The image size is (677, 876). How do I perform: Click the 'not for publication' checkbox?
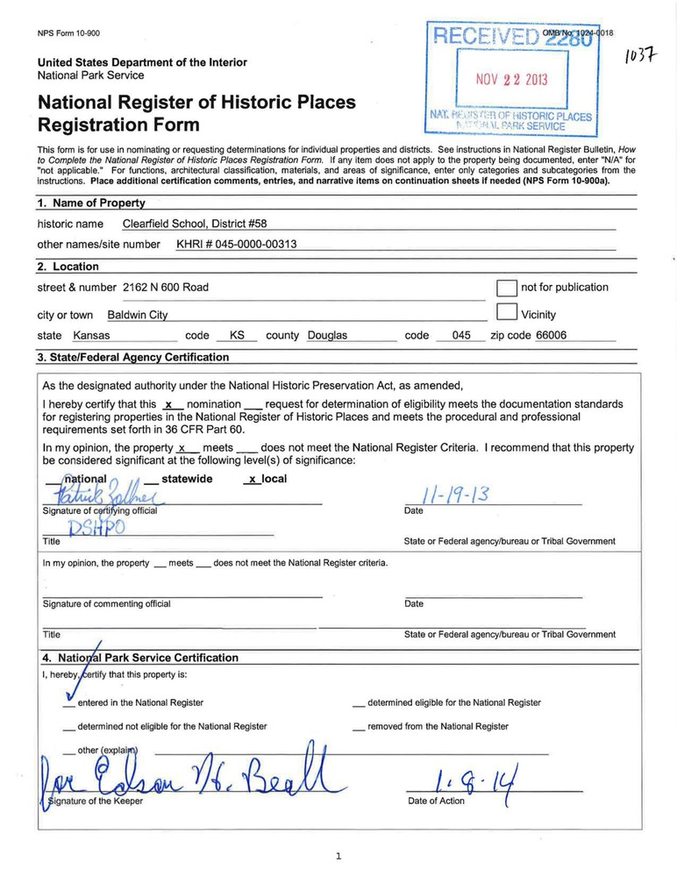(506, 288)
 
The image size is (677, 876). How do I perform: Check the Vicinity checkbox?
(506, 313)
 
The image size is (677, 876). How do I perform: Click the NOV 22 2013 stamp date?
(511, 80)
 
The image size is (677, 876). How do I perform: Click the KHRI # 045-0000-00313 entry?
(237, 245)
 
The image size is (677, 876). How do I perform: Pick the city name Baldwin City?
(138, 316)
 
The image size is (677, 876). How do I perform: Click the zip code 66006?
(552, 336)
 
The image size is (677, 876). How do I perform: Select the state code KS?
(237, 336)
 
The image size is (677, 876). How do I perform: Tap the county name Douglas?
(327, 336)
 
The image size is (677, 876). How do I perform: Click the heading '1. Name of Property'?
(91, 203)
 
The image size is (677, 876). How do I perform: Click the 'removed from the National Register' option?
(437, 727)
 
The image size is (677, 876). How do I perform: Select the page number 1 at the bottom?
(338, 857)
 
